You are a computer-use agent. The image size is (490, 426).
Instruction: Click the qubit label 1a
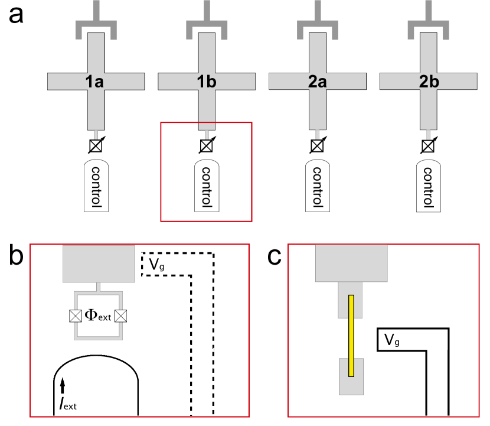point(94,82)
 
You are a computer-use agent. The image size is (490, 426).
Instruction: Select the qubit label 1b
point(206,82)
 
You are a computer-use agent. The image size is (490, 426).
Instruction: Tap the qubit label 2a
point(317,82)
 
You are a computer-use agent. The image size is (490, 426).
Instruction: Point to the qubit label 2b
point(429,82)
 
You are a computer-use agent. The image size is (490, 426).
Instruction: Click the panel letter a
point(16,15)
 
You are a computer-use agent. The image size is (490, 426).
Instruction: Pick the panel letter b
point(17,255)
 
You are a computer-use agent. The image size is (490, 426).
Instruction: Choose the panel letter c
point(275,257)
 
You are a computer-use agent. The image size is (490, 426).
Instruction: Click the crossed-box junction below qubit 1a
point(96,146)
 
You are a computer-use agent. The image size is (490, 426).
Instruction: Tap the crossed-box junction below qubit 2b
point(428,146)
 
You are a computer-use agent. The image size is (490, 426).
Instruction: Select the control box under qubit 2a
point(318,186)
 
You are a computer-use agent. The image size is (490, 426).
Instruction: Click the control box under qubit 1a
point(96,186)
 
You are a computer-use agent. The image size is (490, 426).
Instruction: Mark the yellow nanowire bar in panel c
point(351,336)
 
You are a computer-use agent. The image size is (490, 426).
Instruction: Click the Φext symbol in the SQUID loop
point(98,316)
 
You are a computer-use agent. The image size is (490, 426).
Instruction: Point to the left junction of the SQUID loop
point(76,316)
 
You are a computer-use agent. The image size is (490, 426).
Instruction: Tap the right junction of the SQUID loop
point(120,316)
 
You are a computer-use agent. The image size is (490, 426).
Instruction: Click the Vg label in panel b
point(156,264)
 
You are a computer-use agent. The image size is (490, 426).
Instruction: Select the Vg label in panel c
point(392,340)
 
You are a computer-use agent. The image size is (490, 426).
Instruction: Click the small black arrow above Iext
point(63,385)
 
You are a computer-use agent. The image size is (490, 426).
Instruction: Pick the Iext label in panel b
point(68,404)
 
